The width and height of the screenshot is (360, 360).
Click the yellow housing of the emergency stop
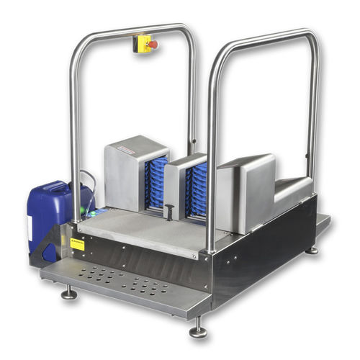click(143, 43)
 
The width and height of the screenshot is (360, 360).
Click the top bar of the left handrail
click(130, 30)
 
